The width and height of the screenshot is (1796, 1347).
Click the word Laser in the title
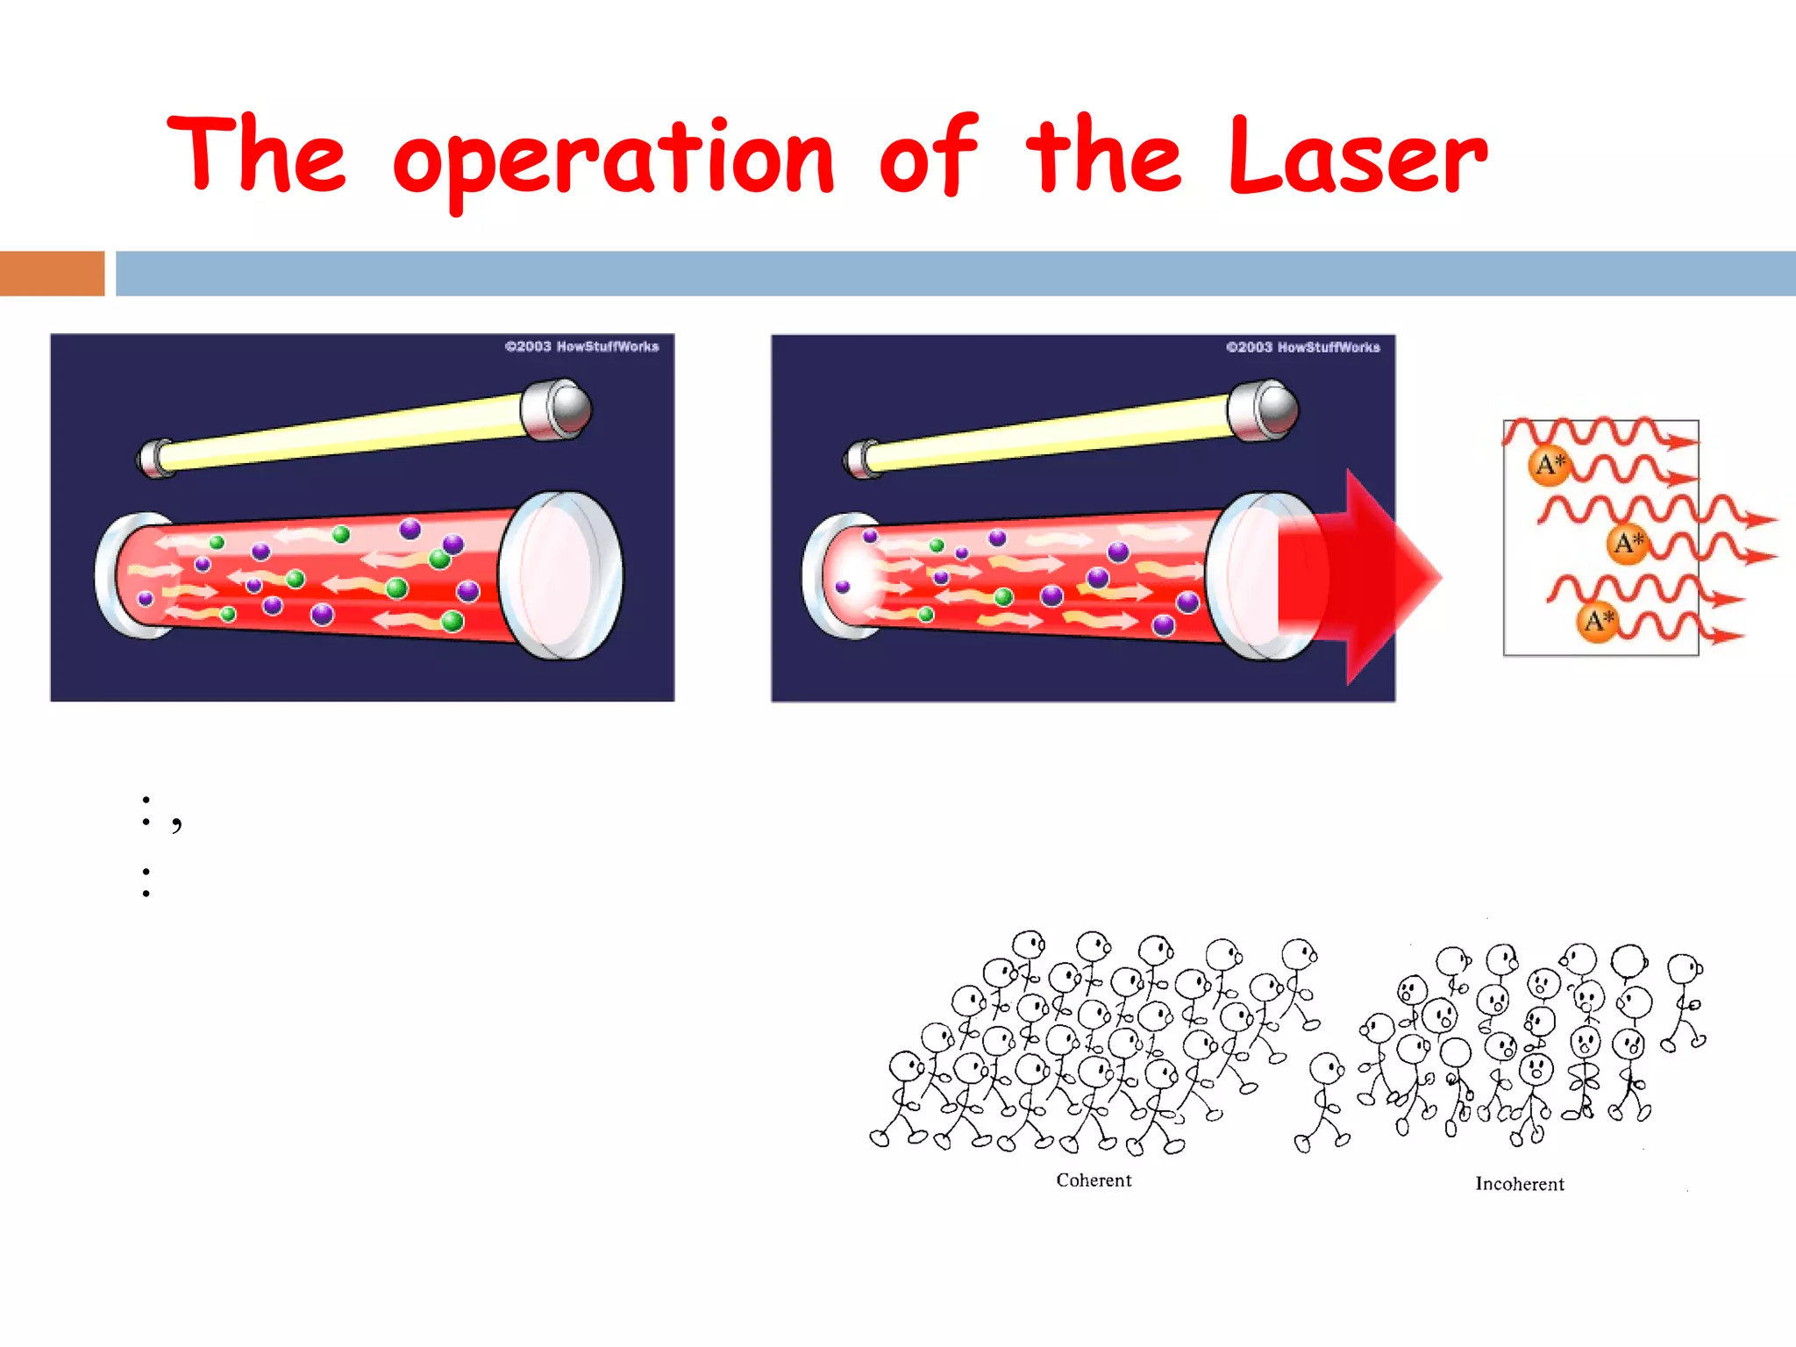(x=1358, y=156)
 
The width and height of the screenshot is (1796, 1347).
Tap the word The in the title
(x=257, y=153)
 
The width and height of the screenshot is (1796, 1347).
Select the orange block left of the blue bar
(x=52, y=274)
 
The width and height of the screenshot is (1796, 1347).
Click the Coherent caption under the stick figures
(x=1094, y=1180)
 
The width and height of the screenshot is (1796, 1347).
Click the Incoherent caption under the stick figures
(x=1519, y=1184)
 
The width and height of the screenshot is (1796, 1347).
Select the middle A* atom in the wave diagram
(x=1628, y=543)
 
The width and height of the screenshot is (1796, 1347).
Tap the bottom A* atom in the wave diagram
(x=1598, y=622)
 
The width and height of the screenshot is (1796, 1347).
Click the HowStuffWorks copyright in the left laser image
(x=581, y=346)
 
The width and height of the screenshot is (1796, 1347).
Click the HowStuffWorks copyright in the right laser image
(x=1302, y=347)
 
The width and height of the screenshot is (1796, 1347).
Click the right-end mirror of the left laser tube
(x=561, y=575)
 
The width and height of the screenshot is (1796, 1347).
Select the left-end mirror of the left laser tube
(x=118, y=574)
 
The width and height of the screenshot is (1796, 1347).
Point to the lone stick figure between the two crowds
(x=1323, y=1101)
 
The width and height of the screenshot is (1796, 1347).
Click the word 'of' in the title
(x=928, y=156)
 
